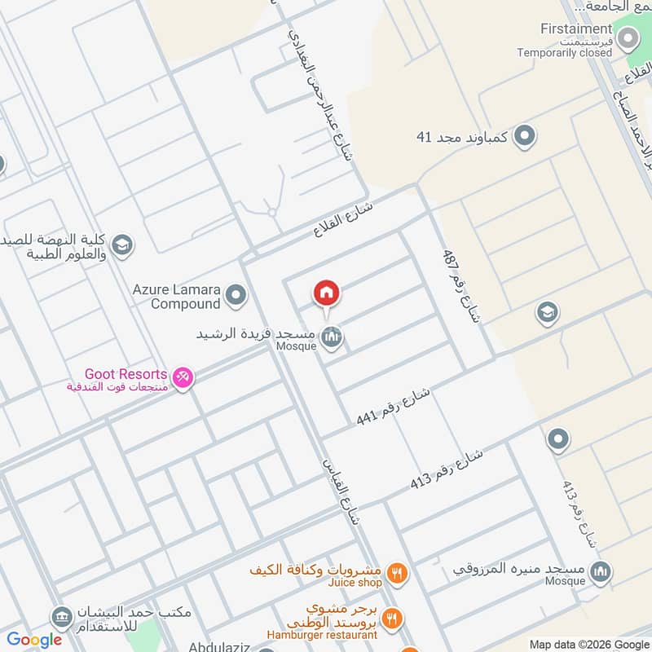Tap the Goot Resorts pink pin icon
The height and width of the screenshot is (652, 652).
click(183, 377)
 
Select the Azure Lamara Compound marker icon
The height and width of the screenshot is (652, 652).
click(236, 295)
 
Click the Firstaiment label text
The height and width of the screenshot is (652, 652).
click(575, 29)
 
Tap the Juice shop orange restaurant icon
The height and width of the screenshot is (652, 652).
click(396, 572)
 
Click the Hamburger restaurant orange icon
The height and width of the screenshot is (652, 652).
click(391, 619)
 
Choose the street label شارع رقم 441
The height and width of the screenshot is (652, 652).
click(393, 407)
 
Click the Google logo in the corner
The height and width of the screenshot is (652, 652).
click(34, 640)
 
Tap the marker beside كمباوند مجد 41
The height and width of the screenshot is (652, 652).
click(526, 136)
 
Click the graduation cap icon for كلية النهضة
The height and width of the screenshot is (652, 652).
click(122, 244)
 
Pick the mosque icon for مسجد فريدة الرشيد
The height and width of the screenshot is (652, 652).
click(331, 336)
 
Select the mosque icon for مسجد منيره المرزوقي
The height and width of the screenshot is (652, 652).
click(601, 570)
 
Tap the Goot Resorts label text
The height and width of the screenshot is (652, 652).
click(126, 373)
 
